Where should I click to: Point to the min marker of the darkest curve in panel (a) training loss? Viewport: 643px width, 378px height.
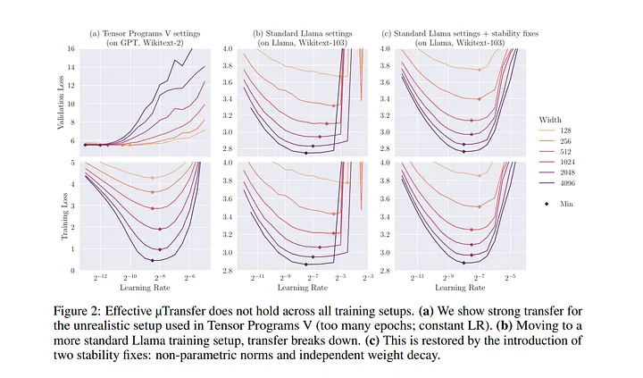coord(152,260)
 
